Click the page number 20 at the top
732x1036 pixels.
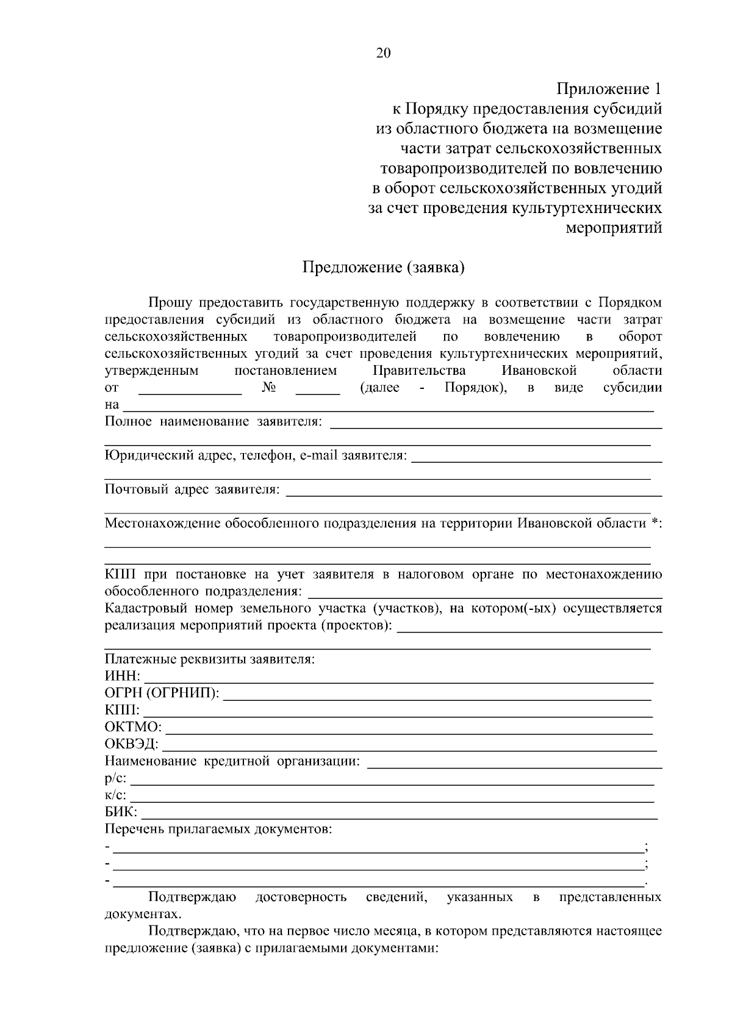pyautogui.click(x=383, y=53)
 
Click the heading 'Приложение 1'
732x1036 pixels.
pyautogui.click(x=609, y=89)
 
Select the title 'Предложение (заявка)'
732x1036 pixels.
pyautogui.click(x=384, y=267)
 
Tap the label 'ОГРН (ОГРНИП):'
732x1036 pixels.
pyautogui.click(x=162, y=694)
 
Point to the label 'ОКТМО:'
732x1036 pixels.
pyautogui.click(x=133, y=728)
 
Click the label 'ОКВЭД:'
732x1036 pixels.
pyautogui.click(x=132, y=745)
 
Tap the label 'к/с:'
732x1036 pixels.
pyautogui.click(x=116, y=795)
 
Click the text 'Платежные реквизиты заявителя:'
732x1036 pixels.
pyautogui.click(x=210, y=659)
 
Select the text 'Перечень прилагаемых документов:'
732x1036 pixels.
pyautogui.click(x=218, y=829)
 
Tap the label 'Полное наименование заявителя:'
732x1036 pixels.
pyautogui.click(x=213, y=421)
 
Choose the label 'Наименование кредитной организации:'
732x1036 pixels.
pyautogui.click(x=232, y=761)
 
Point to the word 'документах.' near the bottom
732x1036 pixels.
pyautogui.click(x=143, y=915)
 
